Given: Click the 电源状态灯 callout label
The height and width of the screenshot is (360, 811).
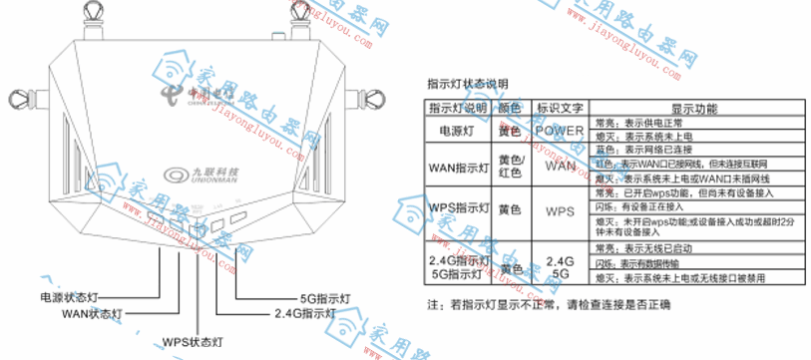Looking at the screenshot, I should (70, 297).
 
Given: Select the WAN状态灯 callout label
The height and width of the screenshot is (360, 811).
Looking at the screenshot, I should (92, 313).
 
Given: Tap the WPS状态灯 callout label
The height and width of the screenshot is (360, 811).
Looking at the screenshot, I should (194, 341).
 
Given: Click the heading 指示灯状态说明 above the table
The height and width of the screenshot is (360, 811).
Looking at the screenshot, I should (467, 83).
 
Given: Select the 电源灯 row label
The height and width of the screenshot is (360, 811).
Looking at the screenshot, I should (458, 131).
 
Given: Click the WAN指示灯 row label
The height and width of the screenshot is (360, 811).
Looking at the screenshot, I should (458, 166).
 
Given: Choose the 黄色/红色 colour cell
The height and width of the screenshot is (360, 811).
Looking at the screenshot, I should (510, 166).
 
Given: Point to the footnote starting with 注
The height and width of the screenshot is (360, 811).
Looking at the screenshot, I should (548, 304).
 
